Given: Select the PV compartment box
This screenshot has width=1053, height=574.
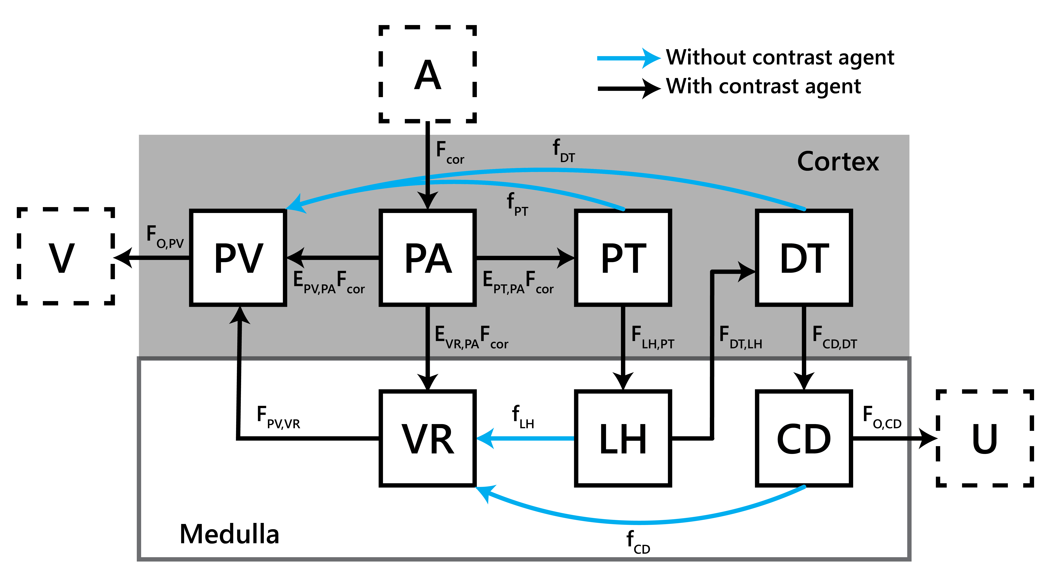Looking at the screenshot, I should point(238,258).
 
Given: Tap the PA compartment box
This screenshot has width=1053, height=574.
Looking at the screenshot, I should point(428,258).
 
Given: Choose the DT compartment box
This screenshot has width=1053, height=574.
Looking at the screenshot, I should point(804,258).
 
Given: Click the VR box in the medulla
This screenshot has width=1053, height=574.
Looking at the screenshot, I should point(428,438).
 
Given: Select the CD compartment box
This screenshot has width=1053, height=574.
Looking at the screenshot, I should point(804,438).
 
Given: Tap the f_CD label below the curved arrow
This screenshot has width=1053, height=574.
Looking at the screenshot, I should point(638,542).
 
